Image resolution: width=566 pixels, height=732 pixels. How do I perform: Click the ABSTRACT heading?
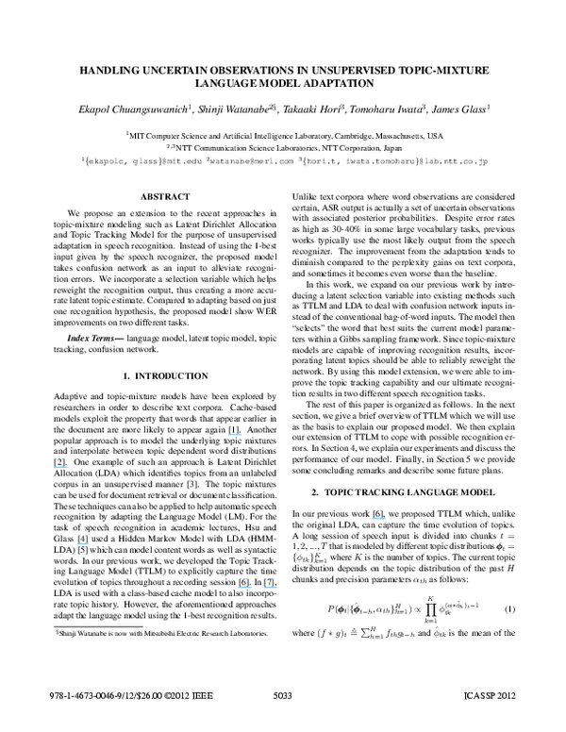[x=156, y=196]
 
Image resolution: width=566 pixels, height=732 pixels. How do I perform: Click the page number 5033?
[x=282, y=722]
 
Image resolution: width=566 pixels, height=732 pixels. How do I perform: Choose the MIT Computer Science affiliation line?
[x=283, y=135]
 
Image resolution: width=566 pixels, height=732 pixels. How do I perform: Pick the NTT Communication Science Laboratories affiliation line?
[x=283, y=147]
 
